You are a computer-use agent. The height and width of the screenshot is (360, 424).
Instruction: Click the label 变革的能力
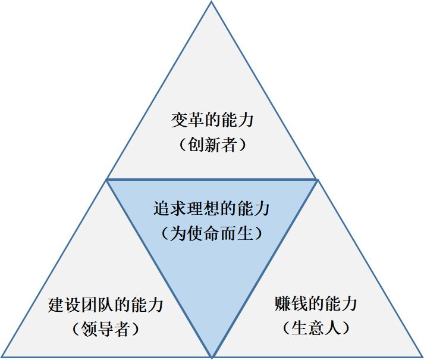(212, 120)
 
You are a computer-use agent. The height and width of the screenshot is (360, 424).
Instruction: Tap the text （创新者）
(212, 145)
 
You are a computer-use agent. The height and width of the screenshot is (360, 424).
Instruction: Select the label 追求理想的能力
(212, 209)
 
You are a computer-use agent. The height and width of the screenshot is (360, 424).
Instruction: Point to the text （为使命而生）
(212, 233)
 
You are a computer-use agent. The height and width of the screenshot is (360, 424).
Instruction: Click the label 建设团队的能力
(105, 305)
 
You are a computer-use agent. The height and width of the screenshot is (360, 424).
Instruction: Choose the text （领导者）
(105, 329)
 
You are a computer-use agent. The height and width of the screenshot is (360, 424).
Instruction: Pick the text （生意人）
(316, 327)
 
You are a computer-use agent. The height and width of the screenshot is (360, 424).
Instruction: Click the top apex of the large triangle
(212, 2)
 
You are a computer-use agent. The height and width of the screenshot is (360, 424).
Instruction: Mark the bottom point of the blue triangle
(212, 356)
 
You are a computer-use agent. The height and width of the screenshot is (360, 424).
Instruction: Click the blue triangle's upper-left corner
(107, 179)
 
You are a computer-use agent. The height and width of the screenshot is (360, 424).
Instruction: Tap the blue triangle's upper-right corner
(316, 179)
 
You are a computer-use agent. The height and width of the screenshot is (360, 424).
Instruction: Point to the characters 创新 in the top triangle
(205, 145)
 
